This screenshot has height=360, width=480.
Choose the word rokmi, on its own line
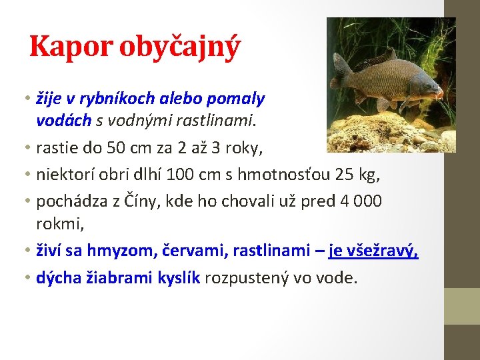60,225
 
